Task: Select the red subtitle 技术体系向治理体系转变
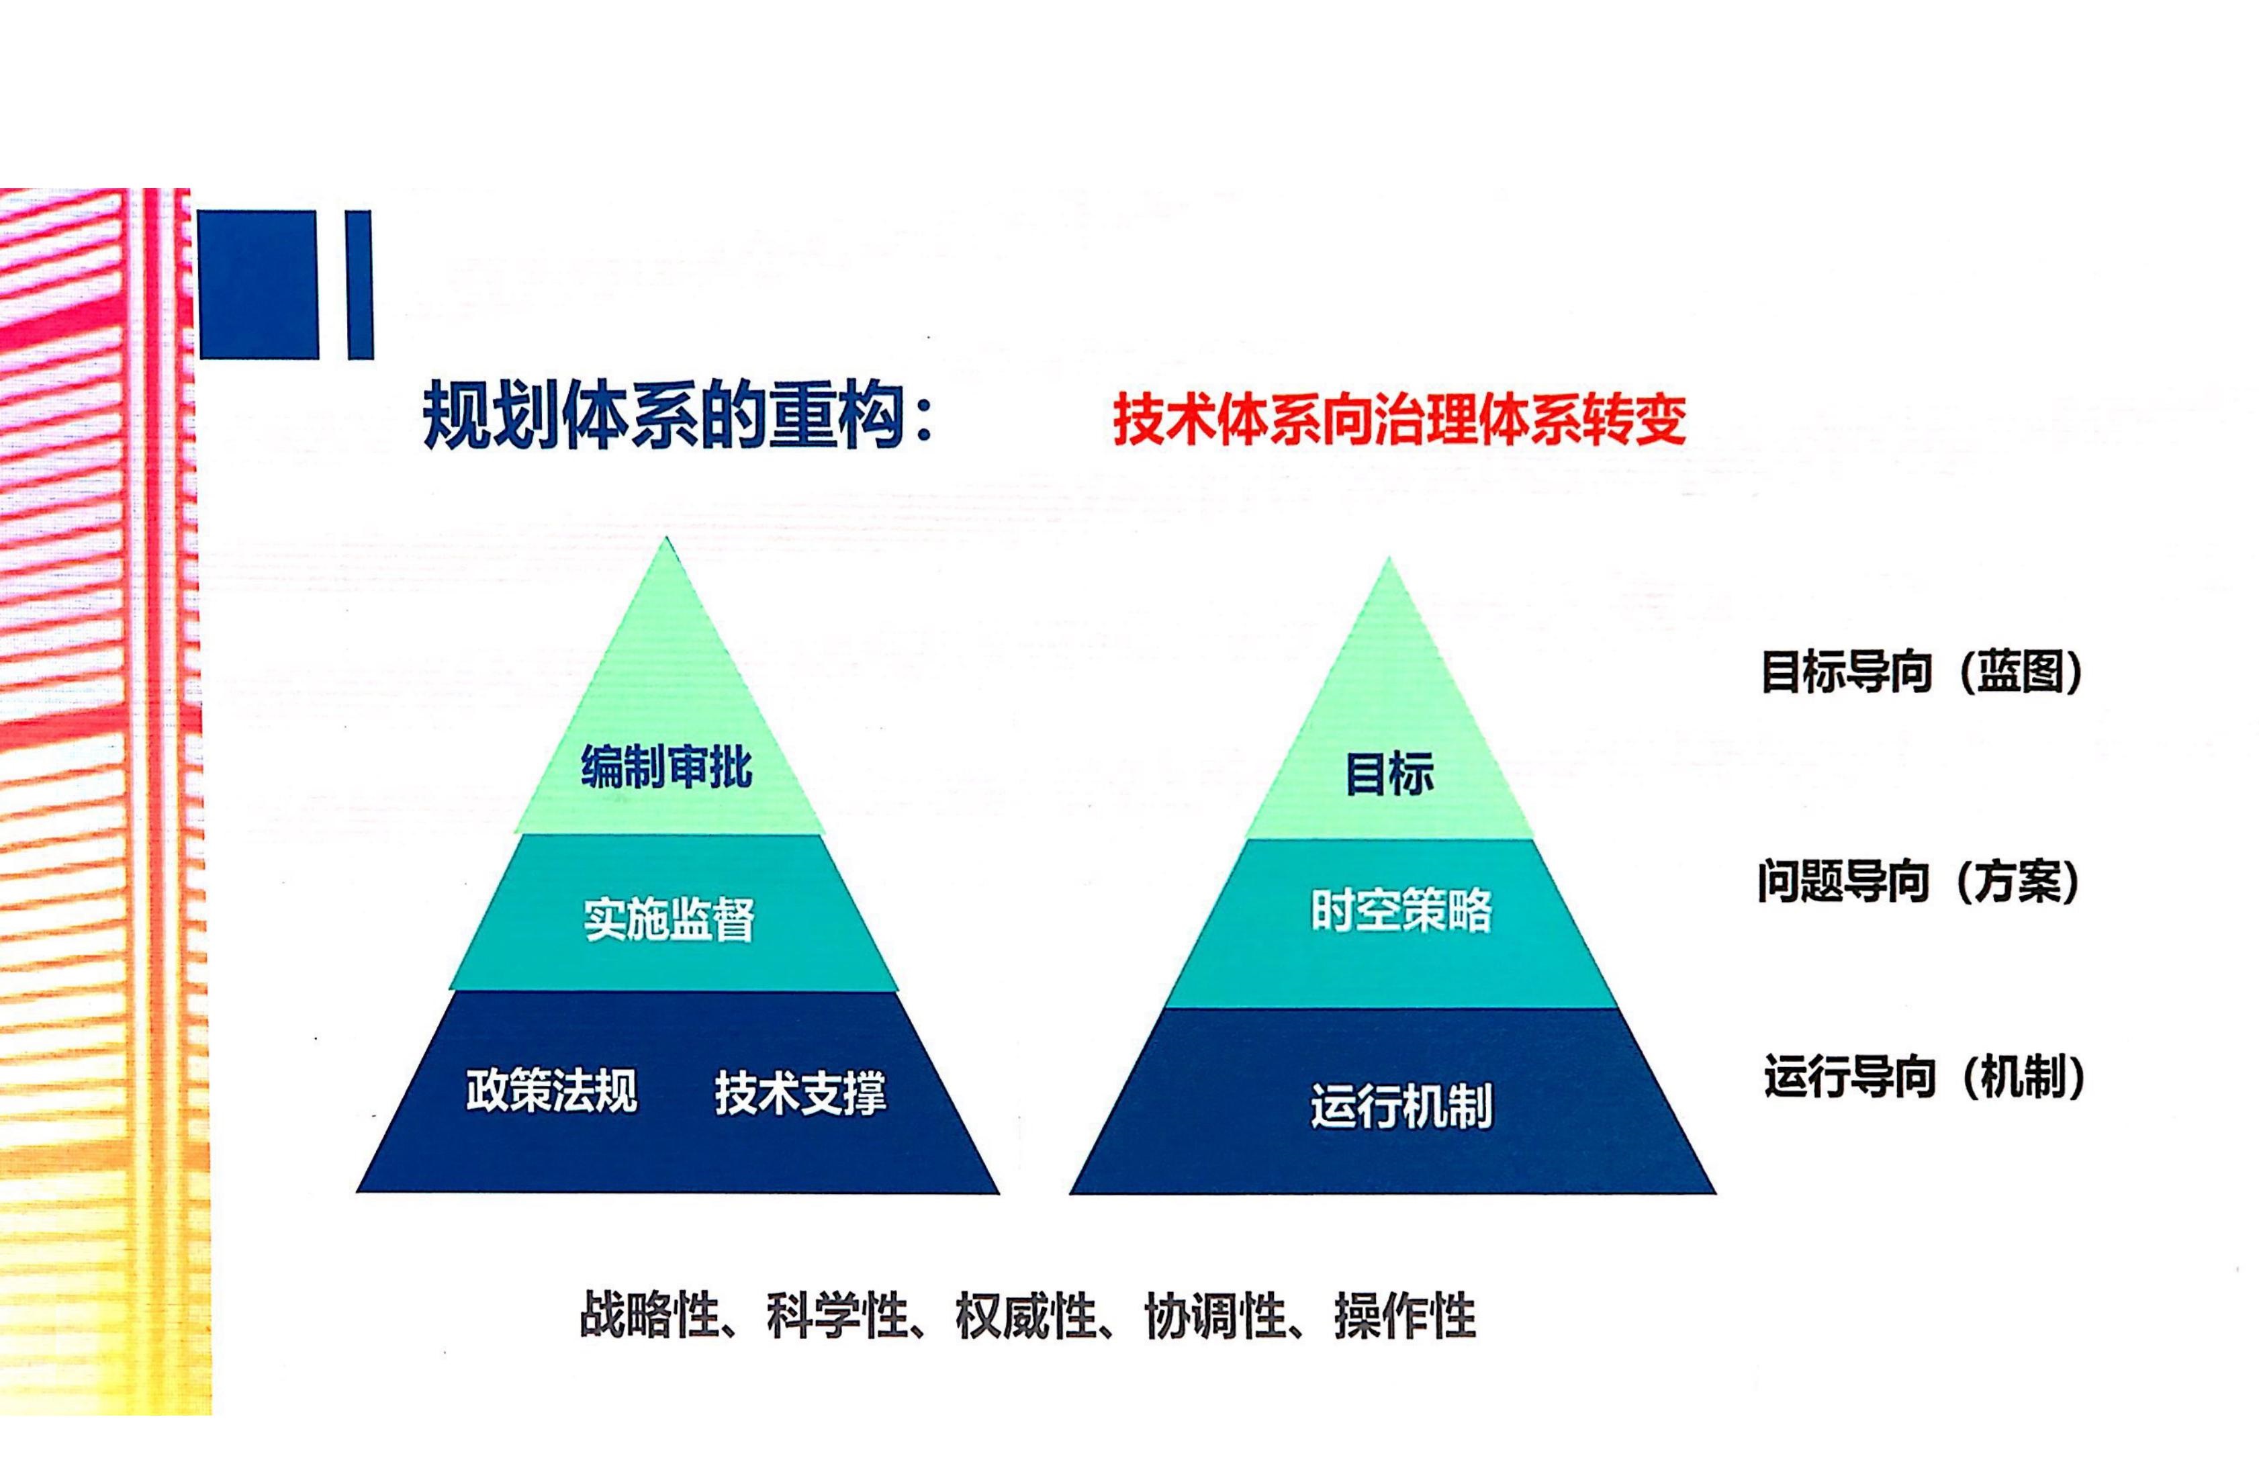(1399, 418)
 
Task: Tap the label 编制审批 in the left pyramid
(666, 767)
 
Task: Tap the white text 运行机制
(1401, 1106)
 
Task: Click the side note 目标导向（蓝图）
(1921, 672)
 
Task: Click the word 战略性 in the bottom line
(648, 1316)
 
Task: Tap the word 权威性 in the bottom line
(1025, 1316)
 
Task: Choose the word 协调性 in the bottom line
(1215, 1316)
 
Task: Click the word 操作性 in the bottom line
(1405, 1316)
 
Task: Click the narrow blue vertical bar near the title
(360, 285)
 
